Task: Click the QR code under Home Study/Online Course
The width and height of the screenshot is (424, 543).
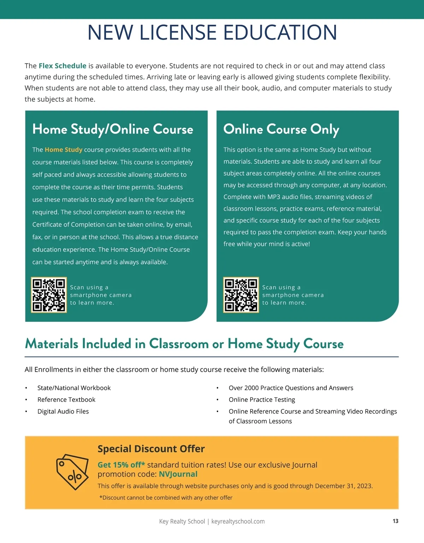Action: coord(49,295)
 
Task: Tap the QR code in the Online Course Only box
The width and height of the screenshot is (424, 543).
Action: coord(241,295)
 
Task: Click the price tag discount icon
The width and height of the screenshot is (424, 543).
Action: coord(72,472)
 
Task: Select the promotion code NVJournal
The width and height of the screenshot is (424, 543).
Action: coord(178,474)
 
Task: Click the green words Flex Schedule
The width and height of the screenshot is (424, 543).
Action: coord(63,66)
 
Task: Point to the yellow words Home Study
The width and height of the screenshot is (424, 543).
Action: coord(64,150)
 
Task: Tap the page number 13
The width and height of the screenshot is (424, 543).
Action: coord(395,521)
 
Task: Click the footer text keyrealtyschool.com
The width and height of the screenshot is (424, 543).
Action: coord(238,521)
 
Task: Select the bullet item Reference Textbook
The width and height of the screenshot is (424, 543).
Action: coord(66,399)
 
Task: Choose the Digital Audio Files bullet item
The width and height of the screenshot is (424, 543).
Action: coord(63,411)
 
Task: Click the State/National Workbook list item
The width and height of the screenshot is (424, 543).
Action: coord(74,388)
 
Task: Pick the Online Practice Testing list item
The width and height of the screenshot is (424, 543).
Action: coord(262,399)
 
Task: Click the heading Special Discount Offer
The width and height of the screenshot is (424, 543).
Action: coord(151,449)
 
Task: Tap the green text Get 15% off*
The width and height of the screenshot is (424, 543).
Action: coord(121,465)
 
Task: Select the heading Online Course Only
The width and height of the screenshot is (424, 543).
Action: coord(281,129)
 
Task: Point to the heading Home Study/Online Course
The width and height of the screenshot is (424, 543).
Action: coord(113,129)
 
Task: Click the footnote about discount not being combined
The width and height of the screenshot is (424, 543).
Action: coord(166,498)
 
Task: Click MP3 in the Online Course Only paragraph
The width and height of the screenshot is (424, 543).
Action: coord(274,197)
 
